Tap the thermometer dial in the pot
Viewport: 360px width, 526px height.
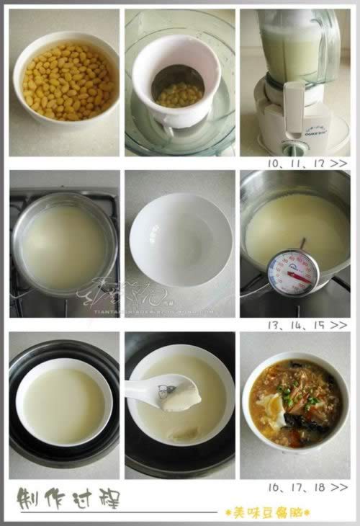pos(292,272)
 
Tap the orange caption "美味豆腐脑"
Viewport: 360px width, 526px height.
pos(267,512)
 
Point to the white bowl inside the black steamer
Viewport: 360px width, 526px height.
pos(63,404)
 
